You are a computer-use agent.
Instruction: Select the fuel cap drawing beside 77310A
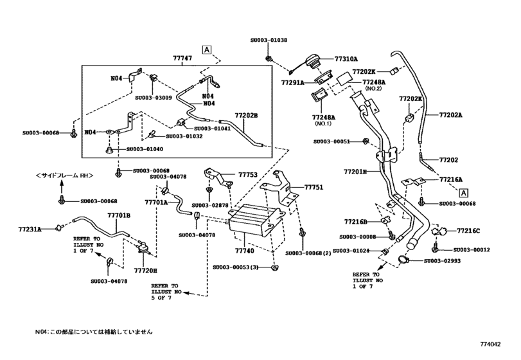coord(312,62)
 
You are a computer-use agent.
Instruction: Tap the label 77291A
coord(294,82)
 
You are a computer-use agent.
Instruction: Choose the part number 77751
coord(313,188)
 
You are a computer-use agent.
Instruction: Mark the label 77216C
coord(469,230)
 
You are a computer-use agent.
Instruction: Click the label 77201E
coord(355,172)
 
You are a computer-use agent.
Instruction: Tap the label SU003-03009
coord(154,98)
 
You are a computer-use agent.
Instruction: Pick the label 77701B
coord(119,215)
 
